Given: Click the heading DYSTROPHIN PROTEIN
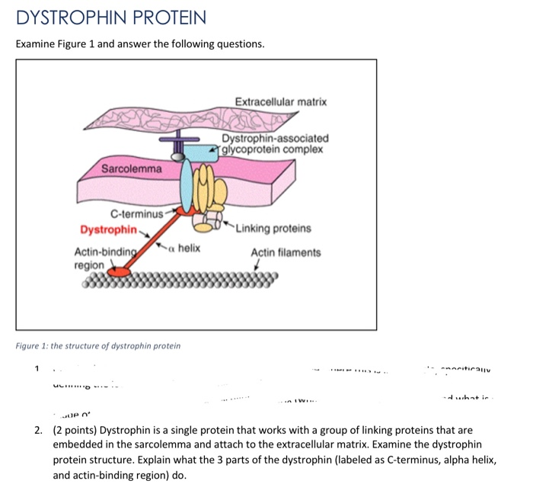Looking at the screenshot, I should pos(110,17).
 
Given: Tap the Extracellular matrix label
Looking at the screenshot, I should pos(281,101).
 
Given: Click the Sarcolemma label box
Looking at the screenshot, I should pos(132,168).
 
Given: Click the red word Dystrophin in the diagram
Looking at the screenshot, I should pos(108,229).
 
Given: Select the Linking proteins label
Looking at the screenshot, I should pos(273,229).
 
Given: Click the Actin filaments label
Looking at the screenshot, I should pos(286,252).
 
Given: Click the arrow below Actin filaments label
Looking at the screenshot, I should pos(258,267).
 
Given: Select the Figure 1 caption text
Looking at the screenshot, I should pos(98,346).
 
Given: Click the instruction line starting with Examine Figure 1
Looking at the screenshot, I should pos(140,44).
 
